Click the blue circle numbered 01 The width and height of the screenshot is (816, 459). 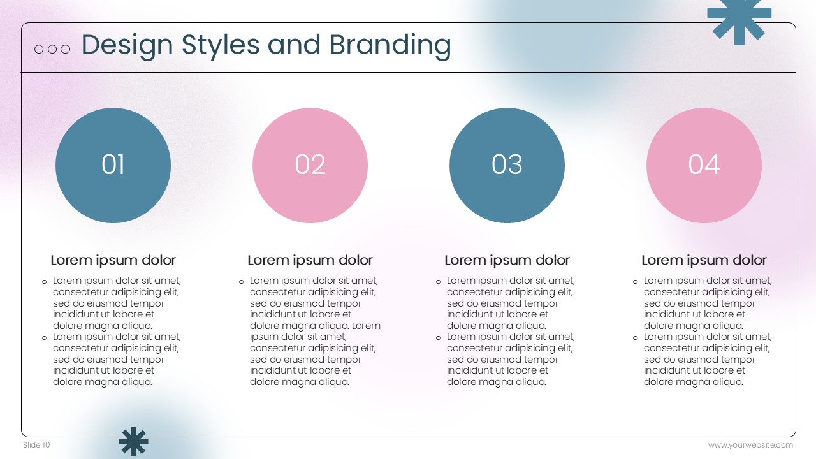pos(113,165)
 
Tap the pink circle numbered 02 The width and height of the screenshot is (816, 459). pos(310,165)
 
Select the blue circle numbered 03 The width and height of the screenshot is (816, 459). pos(507,165)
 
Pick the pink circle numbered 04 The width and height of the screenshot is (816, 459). pos(704,165)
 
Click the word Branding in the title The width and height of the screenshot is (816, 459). pos(390,46)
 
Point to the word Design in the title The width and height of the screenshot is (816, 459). pos(127,46)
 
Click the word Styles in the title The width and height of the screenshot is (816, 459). pos(221,46)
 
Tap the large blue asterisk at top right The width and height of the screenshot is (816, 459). pos(739,20)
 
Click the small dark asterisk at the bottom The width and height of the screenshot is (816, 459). pos(134,442)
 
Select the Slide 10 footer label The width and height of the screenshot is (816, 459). pos(36,445)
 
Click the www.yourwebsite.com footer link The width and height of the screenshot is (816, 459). pos(750,445)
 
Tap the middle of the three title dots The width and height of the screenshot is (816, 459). pos(52,49)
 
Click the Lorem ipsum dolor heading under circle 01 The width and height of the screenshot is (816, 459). pos(113,260)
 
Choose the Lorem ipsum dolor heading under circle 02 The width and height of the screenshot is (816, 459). pos(310,260)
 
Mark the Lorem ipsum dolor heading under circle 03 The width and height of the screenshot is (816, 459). pos(507,260)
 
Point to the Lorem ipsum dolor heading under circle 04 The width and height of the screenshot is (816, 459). pos(704,260)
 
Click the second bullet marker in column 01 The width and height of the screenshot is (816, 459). pos(45,338)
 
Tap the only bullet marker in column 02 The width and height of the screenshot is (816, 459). pos(241,282)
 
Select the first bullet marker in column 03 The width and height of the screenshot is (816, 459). pos(438,282)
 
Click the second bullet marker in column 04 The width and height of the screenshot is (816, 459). pos(636,338)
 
